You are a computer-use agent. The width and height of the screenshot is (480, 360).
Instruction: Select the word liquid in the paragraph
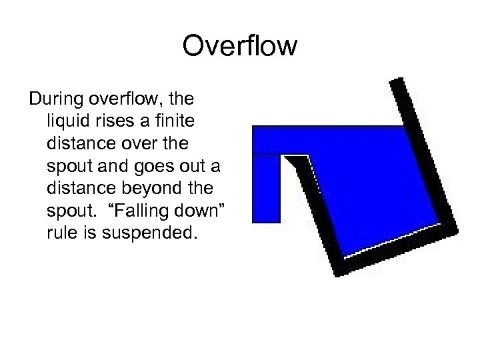(67, 121)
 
